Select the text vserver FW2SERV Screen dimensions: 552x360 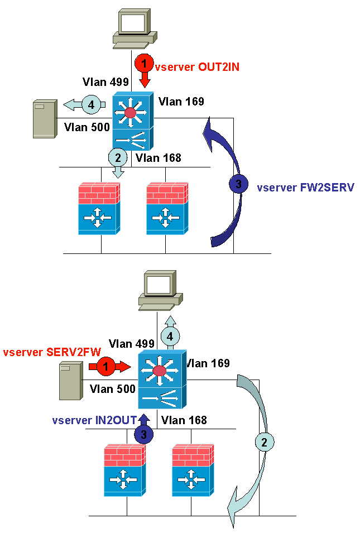[305, 188]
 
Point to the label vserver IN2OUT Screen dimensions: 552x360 [94, 420]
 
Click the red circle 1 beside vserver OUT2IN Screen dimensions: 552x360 [145, 64]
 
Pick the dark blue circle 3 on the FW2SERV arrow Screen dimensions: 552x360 [238, 183]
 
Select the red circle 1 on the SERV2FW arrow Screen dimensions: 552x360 [104, 367]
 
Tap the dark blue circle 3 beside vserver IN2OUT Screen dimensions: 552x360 [143, 433]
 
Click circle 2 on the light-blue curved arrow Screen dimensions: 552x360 [265, 442]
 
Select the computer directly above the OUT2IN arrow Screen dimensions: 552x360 [131, 26]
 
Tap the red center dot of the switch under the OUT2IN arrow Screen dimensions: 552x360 [131, 113]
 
